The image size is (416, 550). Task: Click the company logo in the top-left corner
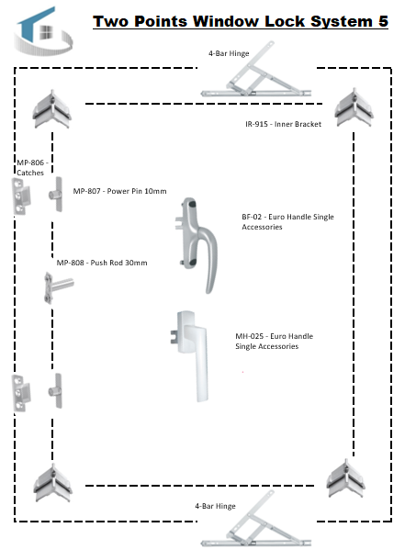coord(43,31)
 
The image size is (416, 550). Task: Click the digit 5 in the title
coord(383,21)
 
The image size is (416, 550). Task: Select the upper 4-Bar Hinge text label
coord(229,53)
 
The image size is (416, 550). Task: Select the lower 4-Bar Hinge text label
coord(215,506)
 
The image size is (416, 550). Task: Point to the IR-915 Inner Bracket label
coord(283,124)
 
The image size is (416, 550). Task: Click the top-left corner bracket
coord(52,109)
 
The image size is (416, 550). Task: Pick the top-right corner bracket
coord(354,107)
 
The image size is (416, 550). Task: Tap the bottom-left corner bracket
coord(52,483)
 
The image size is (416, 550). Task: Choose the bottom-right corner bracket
coord(345,478)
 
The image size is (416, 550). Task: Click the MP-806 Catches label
coord(32,167)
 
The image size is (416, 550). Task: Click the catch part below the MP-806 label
coord(21,196)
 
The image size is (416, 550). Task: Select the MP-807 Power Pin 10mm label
coord(119,191)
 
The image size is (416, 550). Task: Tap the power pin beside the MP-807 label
coord(56,195)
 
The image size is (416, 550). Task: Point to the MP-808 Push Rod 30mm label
coord(102,263)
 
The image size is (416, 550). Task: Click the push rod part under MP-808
coord(58,287)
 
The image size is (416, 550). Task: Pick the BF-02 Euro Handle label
coord(287,221)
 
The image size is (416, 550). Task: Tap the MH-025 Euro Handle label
coord(274,341)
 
